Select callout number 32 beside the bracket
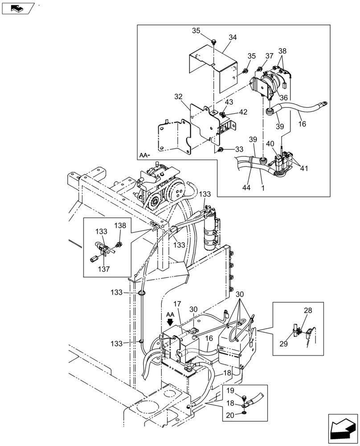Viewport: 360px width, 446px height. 178,96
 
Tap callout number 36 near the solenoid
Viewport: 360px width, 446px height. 284,98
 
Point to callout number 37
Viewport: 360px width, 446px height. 269,56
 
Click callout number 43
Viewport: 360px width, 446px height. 229,102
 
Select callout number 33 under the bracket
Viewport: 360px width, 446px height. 239,149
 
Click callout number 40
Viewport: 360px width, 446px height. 270,144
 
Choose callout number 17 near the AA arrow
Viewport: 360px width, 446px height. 177,304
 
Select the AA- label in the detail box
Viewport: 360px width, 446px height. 144,155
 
